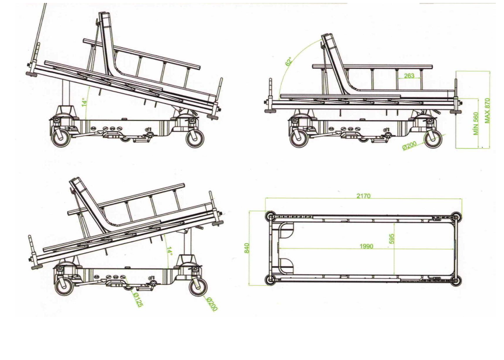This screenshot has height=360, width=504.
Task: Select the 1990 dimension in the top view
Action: (x=366, y=247)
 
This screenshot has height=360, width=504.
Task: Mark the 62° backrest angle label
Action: (x=289, y=61)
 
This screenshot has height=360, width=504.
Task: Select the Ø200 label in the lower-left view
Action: (x=212, y=303)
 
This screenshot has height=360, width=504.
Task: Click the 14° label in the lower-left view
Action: (x=169, y=251)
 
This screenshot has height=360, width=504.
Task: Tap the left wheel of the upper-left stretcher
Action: (x=61, y=138)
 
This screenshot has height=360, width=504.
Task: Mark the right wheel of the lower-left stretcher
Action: (x=197, y=286)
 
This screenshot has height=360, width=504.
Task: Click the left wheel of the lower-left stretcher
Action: (x=62, y=286)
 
